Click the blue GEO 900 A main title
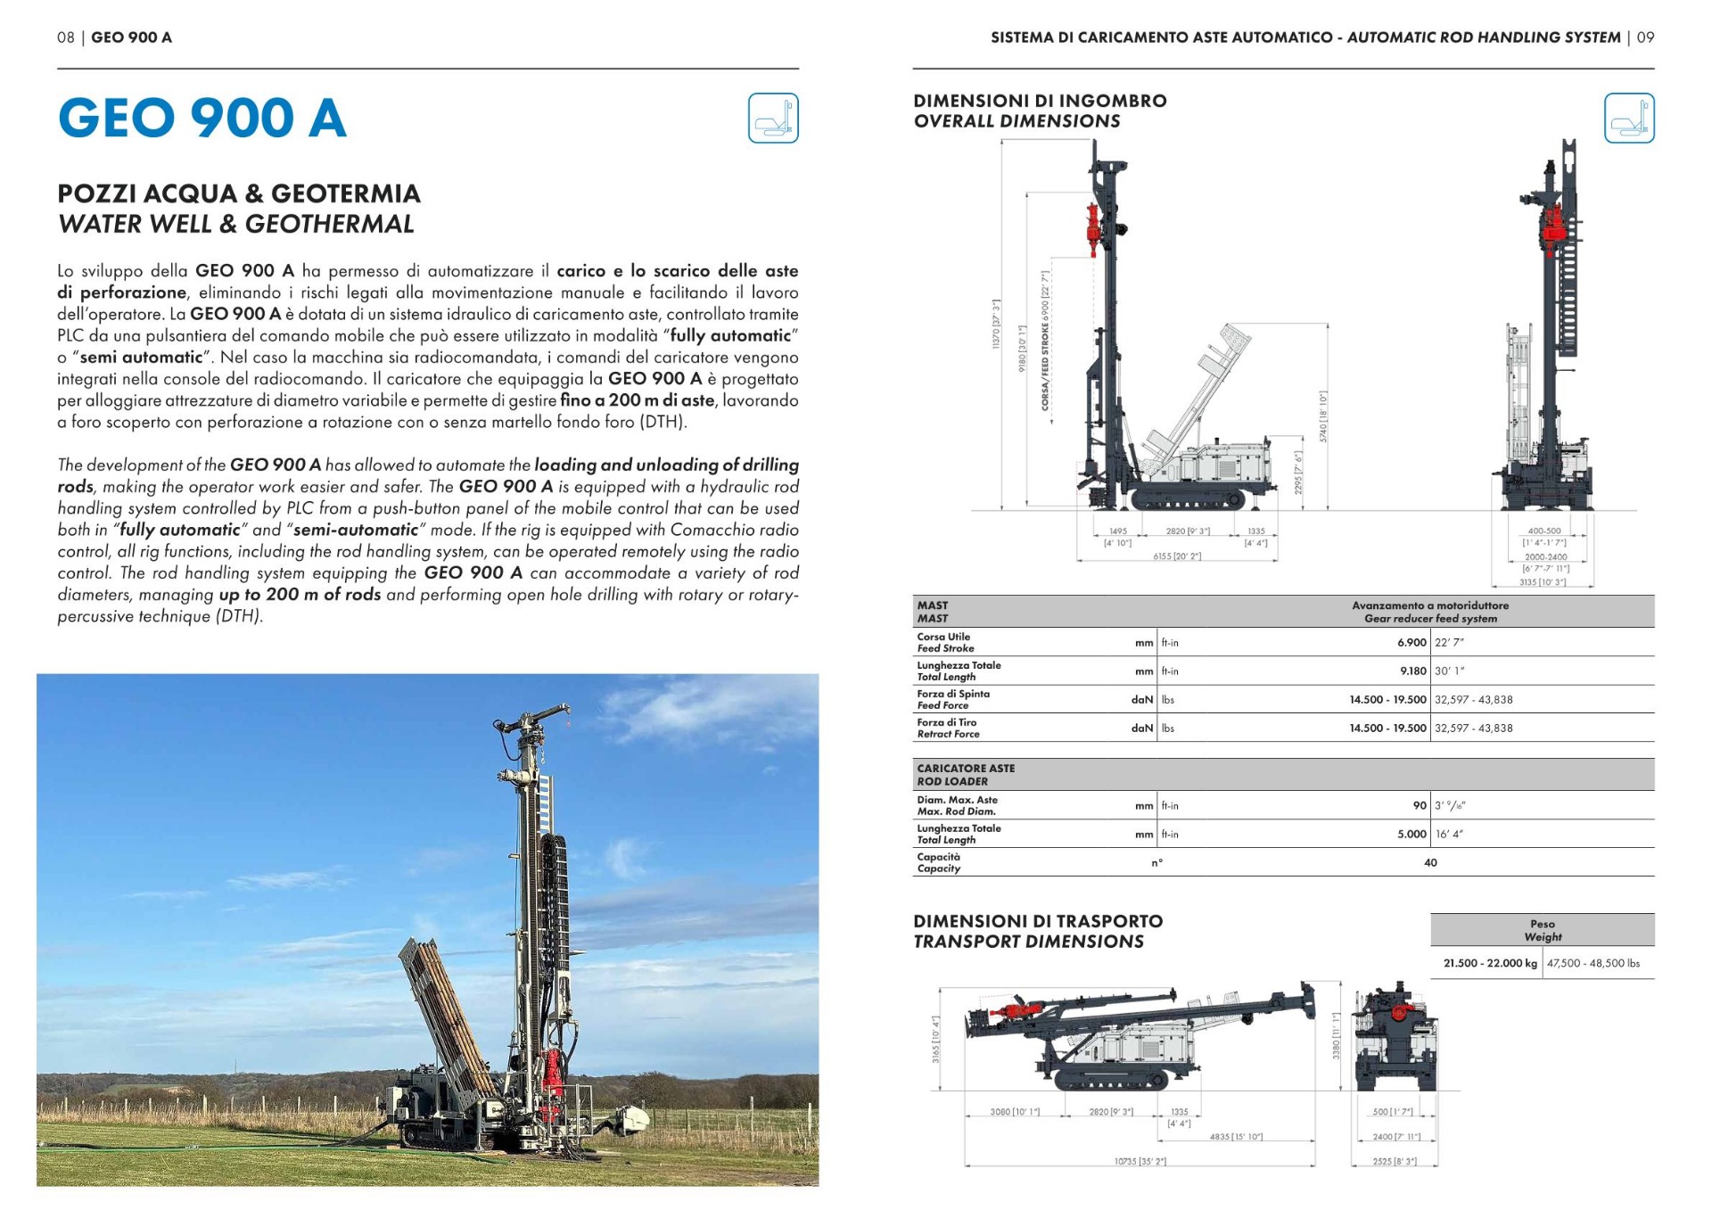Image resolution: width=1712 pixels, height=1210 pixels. (x=202, y=118)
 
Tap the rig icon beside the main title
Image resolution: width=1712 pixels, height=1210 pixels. (x=772, y=118)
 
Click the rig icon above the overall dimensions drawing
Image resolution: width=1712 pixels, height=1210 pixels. (x=1628, y=118)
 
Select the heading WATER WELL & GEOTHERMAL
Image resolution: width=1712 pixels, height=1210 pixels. (x=235, y=224)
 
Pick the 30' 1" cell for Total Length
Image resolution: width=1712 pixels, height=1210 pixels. (x=1450, y=671)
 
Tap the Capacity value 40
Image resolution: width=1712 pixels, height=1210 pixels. (x=1429, y=863)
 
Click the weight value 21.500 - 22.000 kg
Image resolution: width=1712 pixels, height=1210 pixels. (x=1489, y=964)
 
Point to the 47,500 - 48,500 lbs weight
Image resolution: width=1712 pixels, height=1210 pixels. (x=1593, y=964)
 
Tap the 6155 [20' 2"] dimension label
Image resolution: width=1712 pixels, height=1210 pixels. (x=1176, y=556)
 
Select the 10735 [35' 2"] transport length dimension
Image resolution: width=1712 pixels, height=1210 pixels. (x=1140, y=1162)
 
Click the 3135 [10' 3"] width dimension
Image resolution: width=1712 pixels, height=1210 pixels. (x=1543, y=582)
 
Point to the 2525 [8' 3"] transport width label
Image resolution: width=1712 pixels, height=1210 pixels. (x=1395, y=1162)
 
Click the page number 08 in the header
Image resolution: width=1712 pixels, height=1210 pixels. (x=65, y=37)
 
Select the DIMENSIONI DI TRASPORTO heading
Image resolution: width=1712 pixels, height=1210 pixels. (x=1037, y=921)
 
